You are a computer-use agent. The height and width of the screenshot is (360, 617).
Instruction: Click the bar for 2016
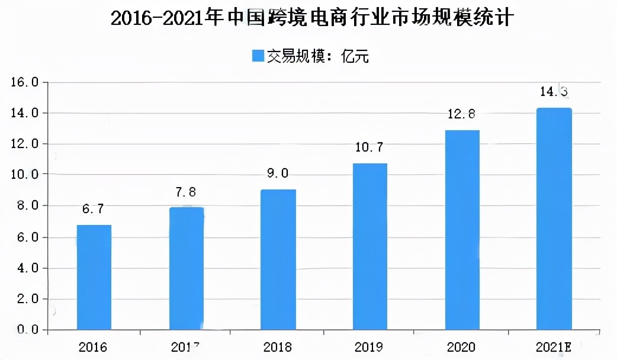point(94,277)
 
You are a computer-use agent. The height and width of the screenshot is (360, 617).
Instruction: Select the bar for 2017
point(186,268)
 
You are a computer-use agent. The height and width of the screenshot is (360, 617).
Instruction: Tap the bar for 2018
point(278,259)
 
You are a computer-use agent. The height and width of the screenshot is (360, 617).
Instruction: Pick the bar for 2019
point(370,246)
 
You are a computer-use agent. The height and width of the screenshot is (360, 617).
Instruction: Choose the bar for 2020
point(462,230)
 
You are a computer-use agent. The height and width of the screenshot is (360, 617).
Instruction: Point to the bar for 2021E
point(554,218)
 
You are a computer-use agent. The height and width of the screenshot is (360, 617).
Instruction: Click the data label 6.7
point(94,209)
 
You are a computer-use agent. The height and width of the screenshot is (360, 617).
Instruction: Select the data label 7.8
point(186,192)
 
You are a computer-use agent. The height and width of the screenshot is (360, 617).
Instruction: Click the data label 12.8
point(462,114)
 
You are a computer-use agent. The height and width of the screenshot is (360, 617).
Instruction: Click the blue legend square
point(258,56)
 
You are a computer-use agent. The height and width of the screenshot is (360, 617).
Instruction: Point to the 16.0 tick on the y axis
point(25,82)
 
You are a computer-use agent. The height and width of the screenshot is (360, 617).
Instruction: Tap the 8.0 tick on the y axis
point(25,206)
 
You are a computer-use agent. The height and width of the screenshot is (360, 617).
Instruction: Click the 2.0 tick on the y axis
point(25,299)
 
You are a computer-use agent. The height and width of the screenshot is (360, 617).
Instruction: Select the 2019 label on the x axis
point(370,346)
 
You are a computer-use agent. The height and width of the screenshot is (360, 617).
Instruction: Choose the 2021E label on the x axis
point(554,346)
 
